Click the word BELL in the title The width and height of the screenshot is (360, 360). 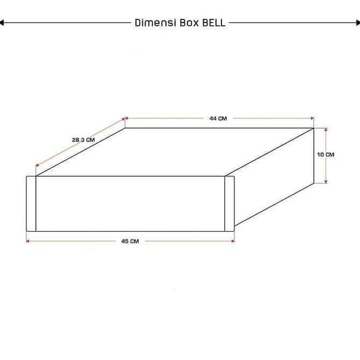(214, 23)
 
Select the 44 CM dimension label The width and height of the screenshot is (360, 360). (218, 119)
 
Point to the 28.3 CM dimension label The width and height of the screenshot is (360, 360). (83, 140)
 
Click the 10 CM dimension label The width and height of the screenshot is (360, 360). (326, 155)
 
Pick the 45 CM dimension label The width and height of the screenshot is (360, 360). (130, 241)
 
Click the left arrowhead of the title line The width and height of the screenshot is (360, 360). (3, 23)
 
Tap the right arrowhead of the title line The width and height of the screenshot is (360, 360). (357, 23)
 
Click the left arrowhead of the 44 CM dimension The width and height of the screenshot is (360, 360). (127, 119)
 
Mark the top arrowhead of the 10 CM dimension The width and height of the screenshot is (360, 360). (326, 129)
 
